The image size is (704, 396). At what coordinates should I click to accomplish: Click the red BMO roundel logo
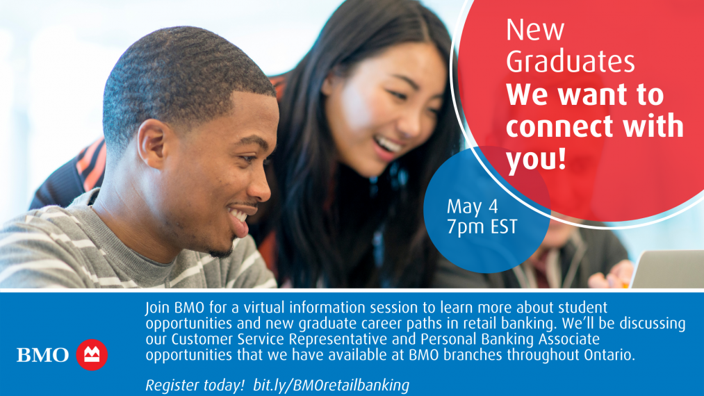(x=92, y=355)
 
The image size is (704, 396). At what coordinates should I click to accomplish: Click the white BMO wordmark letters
(x=42, y=355)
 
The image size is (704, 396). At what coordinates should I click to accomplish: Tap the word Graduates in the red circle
(x=570, y=62)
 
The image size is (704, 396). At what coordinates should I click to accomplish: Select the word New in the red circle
(x=534, y=30)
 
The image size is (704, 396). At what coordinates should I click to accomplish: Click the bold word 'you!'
(x=536, y=158)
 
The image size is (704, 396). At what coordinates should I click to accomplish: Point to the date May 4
(x=473, y=206)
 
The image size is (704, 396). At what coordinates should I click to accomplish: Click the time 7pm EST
(x=482, y=227)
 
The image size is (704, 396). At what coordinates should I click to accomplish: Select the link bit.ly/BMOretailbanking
(x=331, y=385)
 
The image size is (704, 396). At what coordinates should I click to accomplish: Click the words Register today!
(x=195, y=385)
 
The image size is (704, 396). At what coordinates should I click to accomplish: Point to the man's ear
(x=152, y=144)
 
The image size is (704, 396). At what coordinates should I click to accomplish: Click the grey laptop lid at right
(x=667, y=269)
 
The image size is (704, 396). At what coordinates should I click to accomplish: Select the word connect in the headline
(x=561, y=126)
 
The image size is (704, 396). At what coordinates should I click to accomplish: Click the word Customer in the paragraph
(x=202, y=339)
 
